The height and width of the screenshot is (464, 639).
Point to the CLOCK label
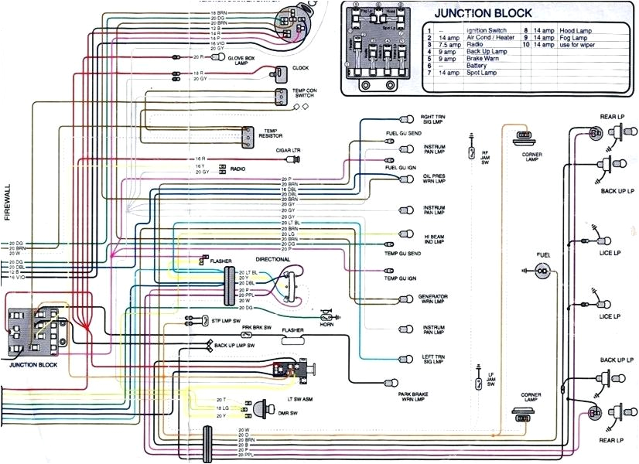click(300, 68)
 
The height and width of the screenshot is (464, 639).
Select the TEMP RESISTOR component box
click(247, 136)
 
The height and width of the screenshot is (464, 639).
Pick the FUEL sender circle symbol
click(543, 271)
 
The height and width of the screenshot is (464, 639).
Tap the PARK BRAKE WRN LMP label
click(415, 397)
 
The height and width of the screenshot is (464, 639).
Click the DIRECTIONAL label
click(272, 259)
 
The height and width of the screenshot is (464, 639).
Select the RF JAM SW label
click(485, 157)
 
